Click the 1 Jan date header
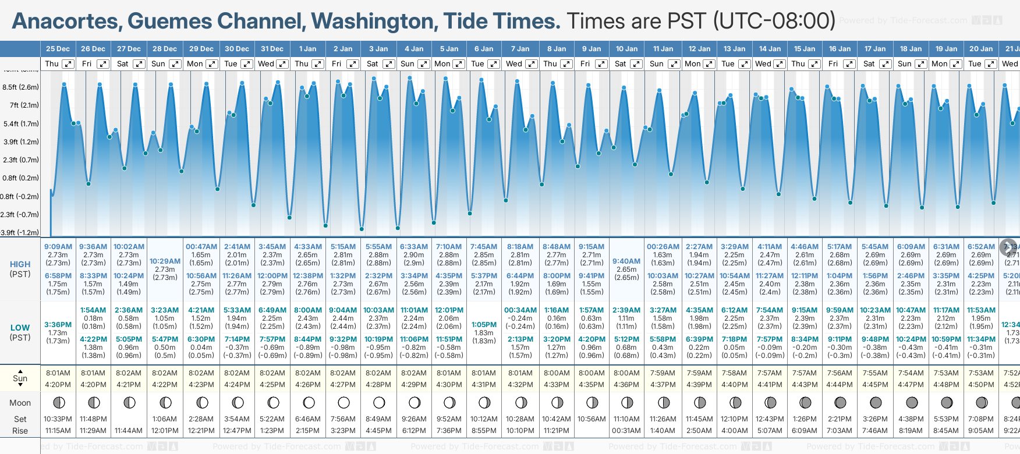pos(307,49)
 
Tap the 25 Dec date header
pos(58,49)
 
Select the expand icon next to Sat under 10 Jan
pos(636,64)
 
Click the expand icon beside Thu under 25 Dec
pos(68,64)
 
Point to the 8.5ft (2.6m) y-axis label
pos(20,87)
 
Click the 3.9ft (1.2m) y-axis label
pos(20,141)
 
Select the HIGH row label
pos(20,264)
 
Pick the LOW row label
pos(20,328)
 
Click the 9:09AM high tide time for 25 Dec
pos(58,247)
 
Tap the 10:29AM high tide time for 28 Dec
pos(165,261)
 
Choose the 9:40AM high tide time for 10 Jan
pos(626,261)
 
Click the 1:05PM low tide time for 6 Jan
pos(484,325)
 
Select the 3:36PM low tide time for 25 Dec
pos(58,325)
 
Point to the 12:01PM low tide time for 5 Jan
pos(449,310)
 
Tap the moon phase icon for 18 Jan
pos(912,402)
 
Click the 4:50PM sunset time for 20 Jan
pos(981,384)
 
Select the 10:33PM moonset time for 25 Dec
pos(58,419)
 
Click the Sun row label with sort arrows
pos(20,378)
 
